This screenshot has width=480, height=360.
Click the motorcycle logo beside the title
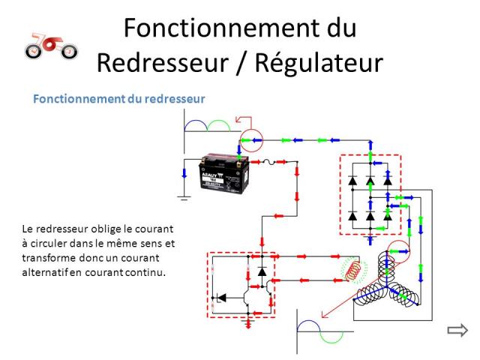point(50,46)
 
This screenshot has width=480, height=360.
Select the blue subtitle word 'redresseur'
point(175,99)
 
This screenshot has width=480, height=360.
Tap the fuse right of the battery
point(267,160)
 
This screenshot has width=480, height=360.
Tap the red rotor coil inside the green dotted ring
point(356,269)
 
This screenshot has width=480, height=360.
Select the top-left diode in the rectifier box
point(352,181)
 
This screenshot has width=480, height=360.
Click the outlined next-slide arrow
point(457,329)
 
